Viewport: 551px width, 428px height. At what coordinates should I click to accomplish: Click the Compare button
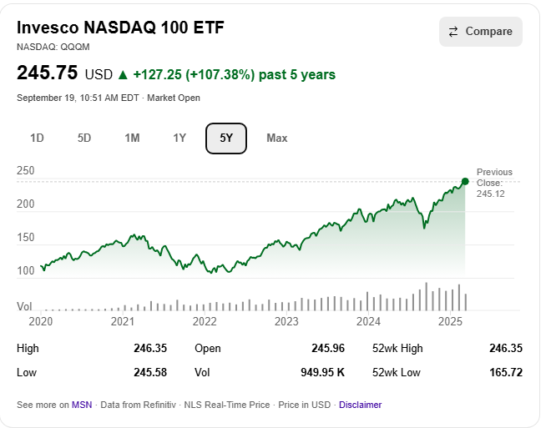481,32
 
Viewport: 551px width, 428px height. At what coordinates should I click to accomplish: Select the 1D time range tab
37,138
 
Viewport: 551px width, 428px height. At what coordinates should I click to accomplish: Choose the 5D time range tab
84,138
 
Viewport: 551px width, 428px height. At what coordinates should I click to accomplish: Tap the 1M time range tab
132,138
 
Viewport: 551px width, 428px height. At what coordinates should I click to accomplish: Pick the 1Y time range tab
179,138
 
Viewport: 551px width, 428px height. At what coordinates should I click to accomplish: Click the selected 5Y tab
226,138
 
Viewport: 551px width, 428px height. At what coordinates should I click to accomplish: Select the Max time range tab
277,138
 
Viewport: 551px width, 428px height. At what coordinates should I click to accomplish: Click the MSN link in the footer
82,405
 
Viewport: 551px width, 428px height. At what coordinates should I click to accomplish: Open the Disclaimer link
360,405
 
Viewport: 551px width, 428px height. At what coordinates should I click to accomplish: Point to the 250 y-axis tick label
26,171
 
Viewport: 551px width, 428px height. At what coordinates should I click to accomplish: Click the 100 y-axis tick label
26,271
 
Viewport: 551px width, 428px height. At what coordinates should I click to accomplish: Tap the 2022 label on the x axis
205,321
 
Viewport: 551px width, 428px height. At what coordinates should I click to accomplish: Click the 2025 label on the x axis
451,321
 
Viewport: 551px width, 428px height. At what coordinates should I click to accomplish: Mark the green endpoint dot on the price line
465,181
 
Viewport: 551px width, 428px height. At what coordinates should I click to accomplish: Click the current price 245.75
48,74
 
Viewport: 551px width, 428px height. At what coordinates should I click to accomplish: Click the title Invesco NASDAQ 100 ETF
121,28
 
